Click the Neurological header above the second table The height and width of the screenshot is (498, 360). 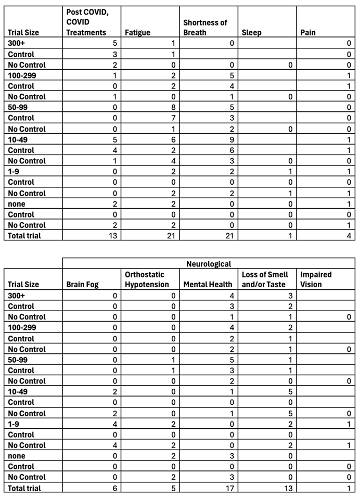tap(209, 264)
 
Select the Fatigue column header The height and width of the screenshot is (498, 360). tap(137, 33)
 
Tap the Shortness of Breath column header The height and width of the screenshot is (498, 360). tap(205, 28)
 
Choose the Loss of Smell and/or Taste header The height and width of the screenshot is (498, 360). tap(265, 279)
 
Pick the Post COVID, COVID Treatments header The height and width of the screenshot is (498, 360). tap(86, 22)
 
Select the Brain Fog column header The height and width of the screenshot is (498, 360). tap(82, 285)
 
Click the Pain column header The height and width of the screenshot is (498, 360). tap(308, 33)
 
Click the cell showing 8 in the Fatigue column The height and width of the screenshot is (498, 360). tap(173, 108)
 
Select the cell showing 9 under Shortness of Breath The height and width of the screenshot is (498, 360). tap(232, 139)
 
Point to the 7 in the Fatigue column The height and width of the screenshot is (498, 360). tap(173, 118)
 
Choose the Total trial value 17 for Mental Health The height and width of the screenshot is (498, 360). tap(230, 488)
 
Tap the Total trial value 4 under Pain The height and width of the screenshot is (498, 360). tap(349, 236)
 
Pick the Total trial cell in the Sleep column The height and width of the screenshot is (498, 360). tap(290, 236)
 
